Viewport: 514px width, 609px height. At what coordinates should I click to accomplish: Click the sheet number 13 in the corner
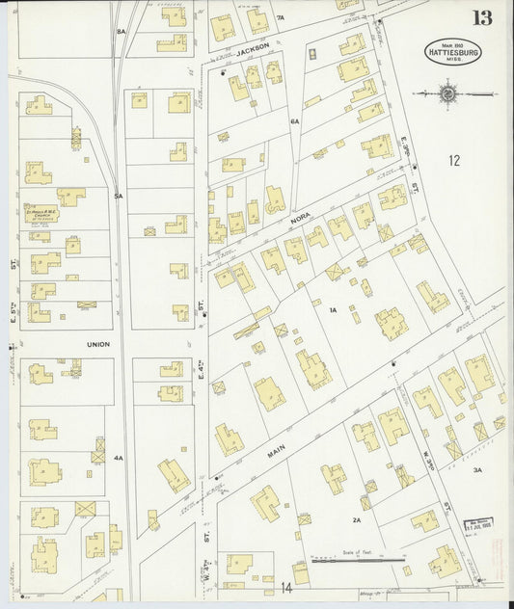point(481,17)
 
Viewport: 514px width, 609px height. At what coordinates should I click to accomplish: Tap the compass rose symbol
point(447,93)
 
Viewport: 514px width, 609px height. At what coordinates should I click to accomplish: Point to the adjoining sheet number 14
point(285,586)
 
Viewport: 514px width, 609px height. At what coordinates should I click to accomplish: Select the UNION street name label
point(98,344)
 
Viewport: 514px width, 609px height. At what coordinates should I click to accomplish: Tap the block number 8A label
point(122,32)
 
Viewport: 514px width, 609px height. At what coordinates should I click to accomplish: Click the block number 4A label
point(119,458)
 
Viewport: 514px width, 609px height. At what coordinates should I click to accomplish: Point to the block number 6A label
point(295,121)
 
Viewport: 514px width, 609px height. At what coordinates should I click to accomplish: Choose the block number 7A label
point(281,17)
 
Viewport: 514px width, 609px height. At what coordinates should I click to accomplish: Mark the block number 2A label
point(356,519)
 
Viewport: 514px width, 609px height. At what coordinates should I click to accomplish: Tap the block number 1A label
point(332,310)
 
